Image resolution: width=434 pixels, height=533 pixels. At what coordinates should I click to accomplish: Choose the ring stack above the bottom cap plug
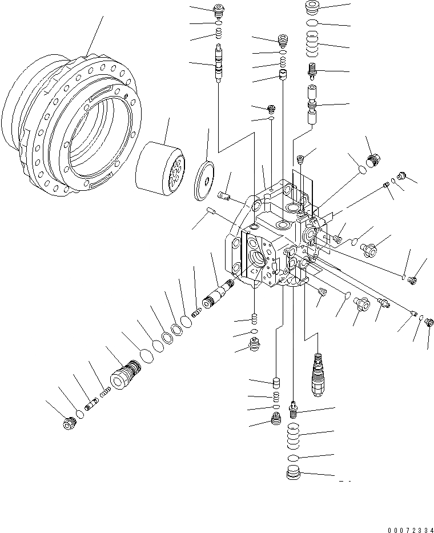tap(292, 438)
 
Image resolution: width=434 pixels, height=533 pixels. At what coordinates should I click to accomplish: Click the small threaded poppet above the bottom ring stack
tap(293, 407)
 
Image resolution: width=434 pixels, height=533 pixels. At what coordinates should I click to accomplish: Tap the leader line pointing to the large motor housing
tap(95, 34)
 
